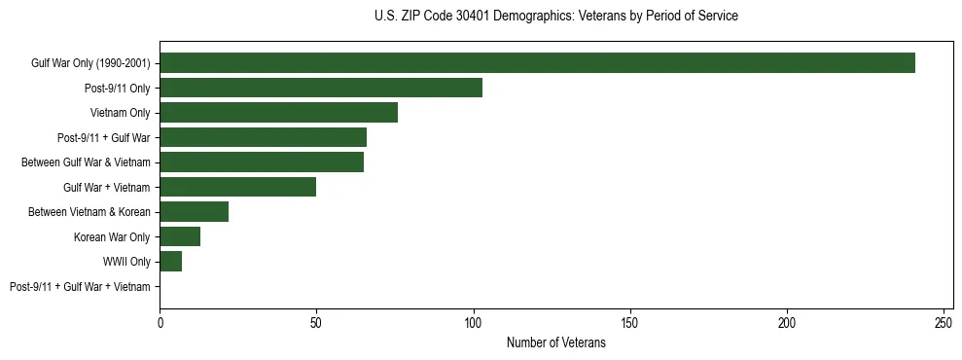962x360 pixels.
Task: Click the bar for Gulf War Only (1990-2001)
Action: coord(537,63)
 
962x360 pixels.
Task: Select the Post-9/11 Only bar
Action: coord(321,88)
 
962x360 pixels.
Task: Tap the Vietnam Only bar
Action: coord(278,113)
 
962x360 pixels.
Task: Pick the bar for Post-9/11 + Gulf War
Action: coord(263,137)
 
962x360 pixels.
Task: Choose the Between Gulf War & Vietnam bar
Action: coord(262,162)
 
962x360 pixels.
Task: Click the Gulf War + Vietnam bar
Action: coord(238,187)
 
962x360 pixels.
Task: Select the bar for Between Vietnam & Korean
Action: coord(195,212)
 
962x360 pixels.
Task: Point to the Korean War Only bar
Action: coord(180,236)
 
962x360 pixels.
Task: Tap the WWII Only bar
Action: coord(171,262)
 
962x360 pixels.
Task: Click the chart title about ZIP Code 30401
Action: coord(555,17)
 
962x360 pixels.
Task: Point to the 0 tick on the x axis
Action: coord(160,323)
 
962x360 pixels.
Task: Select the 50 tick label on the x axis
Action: coord(317,323)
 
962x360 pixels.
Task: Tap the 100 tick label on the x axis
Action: coord(474,323)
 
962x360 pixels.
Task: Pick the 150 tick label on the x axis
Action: coord(630,323)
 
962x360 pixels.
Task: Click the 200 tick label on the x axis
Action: coord(787,323)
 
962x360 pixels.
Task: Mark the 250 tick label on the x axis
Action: coord(944,323)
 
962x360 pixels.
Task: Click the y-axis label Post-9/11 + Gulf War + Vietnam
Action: coord(80,287)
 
